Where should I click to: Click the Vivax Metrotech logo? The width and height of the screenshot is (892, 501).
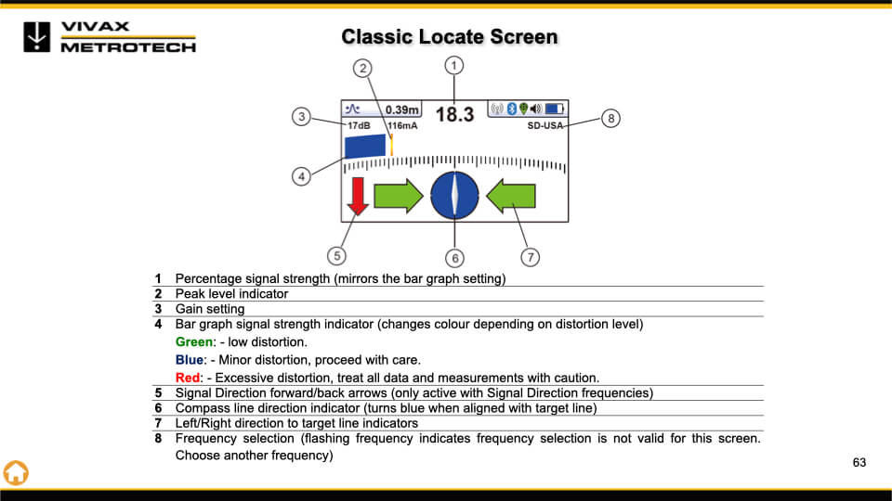[x=110, y=36]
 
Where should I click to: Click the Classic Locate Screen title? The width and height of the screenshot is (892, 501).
[x=449, y=37]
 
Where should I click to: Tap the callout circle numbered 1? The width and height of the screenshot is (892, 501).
[x=453, y=65]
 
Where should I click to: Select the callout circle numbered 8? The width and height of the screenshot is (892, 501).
[x=610, y=118]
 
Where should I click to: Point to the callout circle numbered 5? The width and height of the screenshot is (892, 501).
[x=337, y=254]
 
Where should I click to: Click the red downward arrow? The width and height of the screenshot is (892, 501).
[x=358, y=197]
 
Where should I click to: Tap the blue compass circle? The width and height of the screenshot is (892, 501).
[x=454, y=196]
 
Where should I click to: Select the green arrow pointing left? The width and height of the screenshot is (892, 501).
[x=511, y=196]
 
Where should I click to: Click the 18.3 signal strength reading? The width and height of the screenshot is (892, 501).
[x=455, y=114]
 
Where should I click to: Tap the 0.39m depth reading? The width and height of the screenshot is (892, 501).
[x=402, y=109]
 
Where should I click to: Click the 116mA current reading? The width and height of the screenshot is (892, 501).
[x=402, y=125]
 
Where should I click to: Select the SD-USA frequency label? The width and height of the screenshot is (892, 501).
[x=545, y=125]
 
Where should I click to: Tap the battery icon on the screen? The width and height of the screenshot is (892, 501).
[x=555, y=109]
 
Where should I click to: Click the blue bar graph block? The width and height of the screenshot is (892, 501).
[x=365, y=147]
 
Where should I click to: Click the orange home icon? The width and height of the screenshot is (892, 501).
[x=16, y=471]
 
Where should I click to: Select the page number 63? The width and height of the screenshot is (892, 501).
[x=859, y=462]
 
